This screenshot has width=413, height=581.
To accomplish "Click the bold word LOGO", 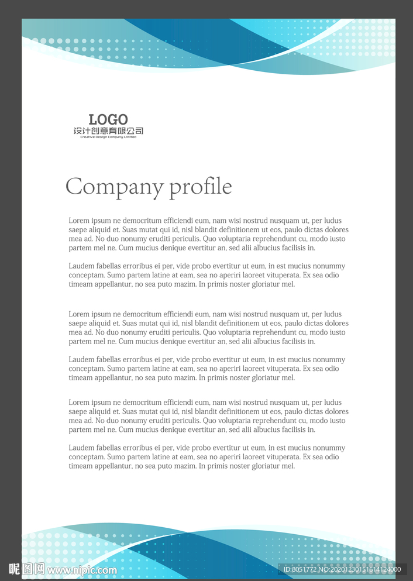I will point(108,120).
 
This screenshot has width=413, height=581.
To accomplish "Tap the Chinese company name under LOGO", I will point(108,131).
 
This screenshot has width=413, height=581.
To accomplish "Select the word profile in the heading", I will point(201,187).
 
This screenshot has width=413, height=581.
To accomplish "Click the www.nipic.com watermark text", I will point(82,570).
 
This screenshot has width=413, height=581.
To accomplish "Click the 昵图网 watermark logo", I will point(27,569).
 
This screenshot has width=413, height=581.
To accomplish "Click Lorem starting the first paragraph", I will point(79,221).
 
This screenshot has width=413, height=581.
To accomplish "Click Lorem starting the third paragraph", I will point(79,314).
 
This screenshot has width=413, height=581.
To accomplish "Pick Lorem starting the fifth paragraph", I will point(79,403).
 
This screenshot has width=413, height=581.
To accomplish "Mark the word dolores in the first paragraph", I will point(336,230).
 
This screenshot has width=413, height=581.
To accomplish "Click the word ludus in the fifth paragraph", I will point(332,403).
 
